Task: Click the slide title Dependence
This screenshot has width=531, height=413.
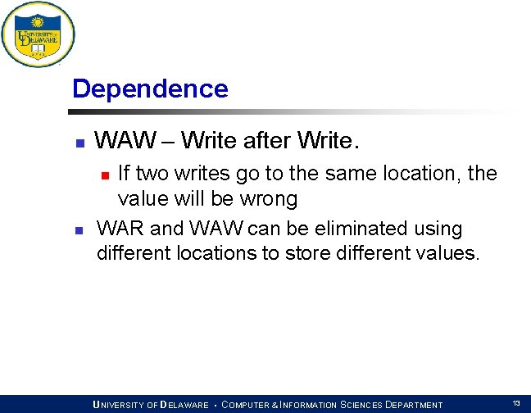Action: point(150,88)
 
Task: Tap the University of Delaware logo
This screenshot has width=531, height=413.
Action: point(38,34)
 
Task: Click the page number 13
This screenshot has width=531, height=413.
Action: point(516,403)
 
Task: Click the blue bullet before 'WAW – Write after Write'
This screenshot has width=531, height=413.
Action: point(79,143)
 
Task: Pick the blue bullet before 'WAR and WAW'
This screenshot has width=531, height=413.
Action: point(79,230)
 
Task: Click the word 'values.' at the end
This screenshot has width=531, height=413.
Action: point(448,253)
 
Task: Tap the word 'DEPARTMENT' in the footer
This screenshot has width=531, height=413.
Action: point(413,405)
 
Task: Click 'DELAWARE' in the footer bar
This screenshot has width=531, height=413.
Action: point(184,405)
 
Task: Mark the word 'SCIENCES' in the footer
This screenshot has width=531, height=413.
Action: point(361,405)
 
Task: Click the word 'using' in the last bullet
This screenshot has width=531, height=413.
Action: point(439,229)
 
